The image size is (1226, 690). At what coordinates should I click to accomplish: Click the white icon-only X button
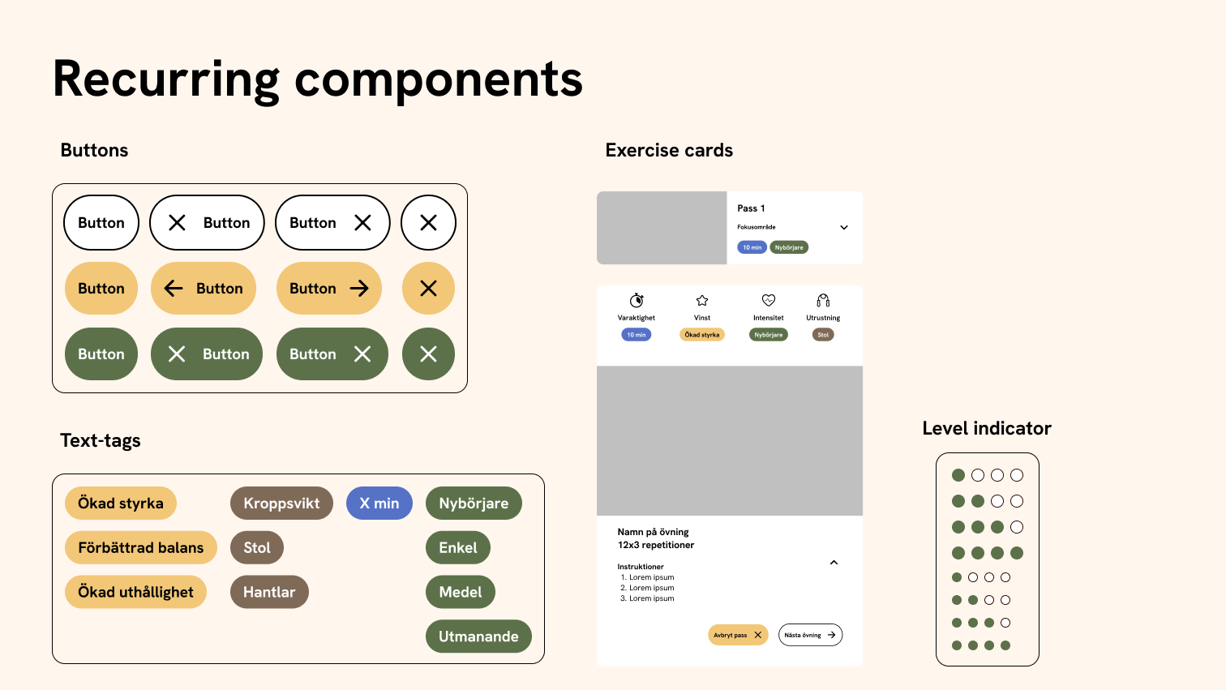tap(428, 222)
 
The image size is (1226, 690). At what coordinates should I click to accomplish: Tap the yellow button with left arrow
tap(204, 288)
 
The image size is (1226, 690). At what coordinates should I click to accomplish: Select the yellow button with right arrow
tap(329, 288)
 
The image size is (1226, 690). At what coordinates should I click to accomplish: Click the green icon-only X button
tap(428, 354)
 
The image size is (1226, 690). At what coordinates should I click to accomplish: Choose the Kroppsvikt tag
tap(281, 503)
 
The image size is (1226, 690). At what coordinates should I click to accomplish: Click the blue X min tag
tap(379, 503)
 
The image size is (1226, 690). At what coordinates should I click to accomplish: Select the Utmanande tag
tap(478, 636)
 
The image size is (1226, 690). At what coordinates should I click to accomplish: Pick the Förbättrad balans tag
tap(141, 547)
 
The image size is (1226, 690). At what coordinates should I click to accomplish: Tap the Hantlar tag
tap(269, 592)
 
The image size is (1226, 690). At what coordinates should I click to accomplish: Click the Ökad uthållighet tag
tap(135, 592)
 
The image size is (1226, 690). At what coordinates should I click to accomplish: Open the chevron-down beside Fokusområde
tap(844, 227)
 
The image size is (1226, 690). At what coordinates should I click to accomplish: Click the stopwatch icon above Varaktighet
tap(637, 300)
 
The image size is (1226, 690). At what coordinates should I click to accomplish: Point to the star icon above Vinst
tap(702, 300)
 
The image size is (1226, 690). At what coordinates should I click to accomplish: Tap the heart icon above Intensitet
tap(769, 300)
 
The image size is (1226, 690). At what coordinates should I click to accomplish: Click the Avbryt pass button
tap(737, 635)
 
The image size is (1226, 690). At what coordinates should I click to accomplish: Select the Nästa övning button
tap(810, 635)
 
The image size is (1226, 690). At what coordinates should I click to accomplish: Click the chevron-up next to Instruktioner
tap(834, 563)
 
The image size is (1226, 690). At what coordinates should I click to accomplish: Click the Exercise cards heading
tap(669, 150)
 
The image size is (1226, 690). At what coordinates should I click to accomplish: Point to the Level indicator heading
tap(987, 428)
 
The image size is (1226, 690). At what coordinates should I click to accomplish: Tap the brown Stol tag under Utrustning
tap(823, 334)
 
